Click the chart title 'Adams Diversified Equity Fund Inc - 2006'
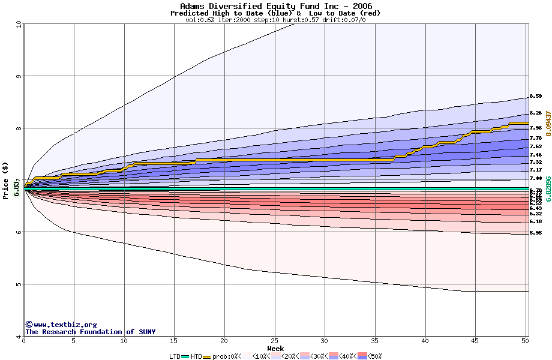click(x=275, y=6)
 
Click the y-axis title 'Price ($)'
click(x=6, y=181)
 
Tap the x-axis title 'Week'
click(x=275, y=348)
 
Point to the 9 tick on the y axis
click(x=19, y=76)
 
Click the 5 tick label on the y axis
click(x=19, y=284)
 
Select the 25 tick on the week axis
click(x=274, y=341)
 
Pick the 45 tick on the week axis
click(x=475, y=341)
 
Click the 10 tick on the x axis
click(x=124, y=341)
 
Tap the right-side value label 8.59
click(x=535, y=96)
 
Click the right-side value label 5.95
click(x=535, y=233)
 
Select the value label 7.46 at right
click(x=535, y=155)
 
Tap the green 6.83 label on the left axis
click(x=17, y=189)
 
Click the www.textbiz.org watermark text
click(x=61, y=325)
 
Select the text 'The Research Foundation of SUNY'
click(x=90, y=332)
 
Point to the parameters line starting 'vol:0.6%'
click(x=275, y=20)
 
